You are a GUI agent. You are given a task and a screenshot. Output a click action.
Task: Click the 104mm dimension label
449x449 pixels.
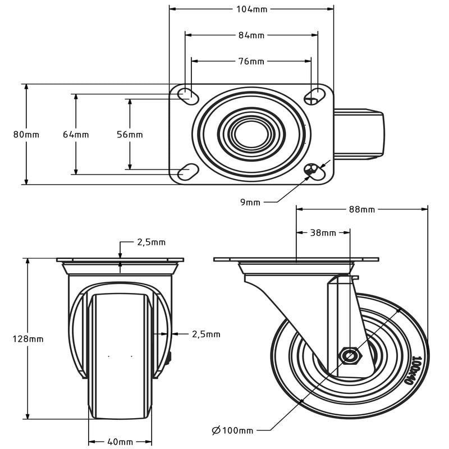coord(252,10)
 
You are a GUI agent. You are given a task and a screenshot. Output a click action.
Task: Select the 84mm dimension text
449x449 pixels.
coord(251,35)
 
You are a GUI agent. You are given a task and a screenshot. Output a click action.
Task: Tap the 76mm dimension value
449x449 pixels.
coord(251,61)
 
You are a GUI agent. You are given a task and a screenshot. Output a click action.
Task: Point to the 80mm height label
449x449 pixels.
coord(26,135)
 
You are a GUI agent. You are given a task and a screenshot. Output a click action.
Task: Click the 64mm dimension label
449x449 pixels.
coord(76,135)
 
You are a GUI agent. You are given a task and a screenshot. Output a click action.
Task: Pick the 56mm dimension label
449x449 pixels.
coord(130,135)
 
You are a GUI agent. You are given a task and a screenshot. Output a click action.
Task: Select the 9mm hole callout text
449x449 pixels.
coord(250,202)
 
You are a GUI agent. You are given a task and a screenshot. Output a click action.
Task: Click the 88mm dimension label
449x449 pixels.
coord(361,209)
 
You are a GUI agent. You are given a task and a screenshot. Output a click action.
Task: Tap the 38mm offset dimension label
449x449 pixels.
coord(323,232)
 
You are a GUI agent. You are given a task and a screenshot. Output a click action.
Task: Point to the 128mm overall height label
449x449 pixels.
coord(28,339)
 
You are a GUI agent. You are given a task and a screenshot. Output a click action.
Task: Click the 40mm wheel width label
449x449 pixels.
coord(120,442)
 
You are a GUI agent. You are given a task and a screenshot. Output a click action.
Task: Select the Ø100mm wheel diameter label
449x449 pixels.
coord(232,430)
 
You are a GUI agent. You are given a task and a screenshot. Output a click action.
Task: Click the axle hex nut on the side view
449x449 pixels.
coord(351,355)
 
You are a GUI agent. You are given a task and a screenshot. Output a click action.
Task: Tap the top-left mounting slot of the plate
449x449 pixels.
coord(187,95)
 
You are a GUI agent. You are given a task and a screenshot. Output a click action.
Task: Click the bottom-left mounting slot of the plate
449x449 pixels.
coord(188,171)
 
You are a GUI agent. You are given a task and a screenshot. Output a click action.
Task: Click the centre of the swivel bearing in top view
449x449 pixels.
coord(251,134)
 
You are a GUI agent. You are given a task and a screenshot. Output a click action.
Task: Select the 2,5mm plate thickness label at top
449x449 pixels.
coord(152,242)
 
